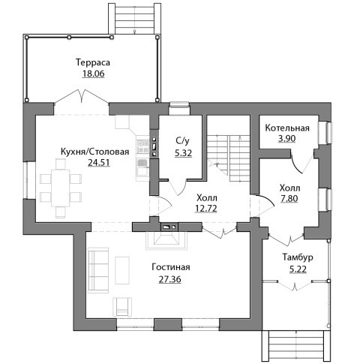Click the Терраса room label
click(x=93, y=62)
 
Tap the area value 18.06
click(x=93, y=74)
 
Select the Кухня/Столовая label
click(x=95, y=152)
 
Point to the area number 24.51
click(x=99, y=163)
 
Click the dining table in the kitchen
click(x=61, y=188)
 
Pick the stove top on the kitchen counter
click(x=142, y=146)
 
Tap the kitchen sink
click(x=142, y=164)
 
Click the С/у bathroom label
click(x=183, y=141)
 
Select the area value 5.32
click(x=183, y=153)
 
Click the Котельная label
click(x=287, y=128)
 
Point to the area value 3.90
click(x=287, y=138)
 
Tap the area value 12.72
click(x=206, y=208)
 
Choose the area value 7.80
click(x=289, y=198)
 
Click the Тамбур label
click(x=298, y=257)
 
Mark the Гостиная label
click(x=171, y=267)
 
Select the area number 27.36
click(x=170, y=279)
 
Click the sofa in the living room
click(x=98, y=270)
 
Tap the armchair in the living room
click(x=122, y=307)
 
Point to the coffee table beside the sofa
click(x=122, y=270)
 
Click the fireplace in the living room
click(x=166, y=239)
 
